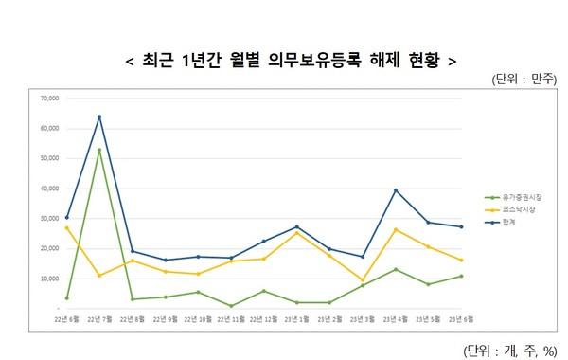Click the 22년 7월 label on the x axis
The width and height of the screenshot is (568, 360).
[99, 320]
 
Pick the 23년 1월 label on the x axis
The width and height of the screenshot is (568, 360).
[296, 320]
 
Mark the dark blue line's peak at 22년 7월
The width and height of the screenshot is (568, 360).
[99, 117]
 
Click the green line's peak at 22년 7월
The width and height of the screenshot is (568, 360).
[99, 150]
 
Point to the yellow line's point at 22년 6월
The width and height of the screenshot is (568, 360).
[66, 227]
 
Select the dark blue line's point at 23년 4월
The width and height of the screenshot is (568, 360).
[395, 190]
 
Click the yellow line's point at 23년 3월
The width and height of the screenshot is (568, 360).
[362, 280]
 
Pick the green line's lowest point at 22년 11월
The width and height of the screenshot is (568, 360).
[230, 306]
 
